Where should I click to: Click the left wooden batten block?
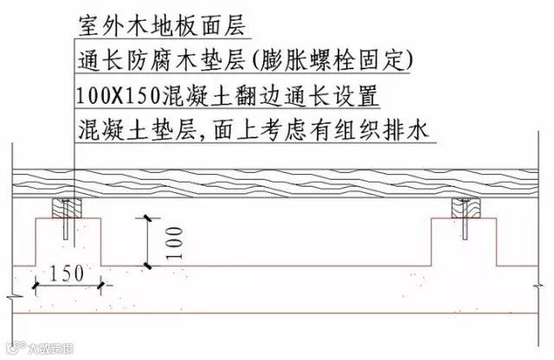pos(68,209)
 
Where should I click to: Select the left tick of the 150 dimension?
pos(35,283)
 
